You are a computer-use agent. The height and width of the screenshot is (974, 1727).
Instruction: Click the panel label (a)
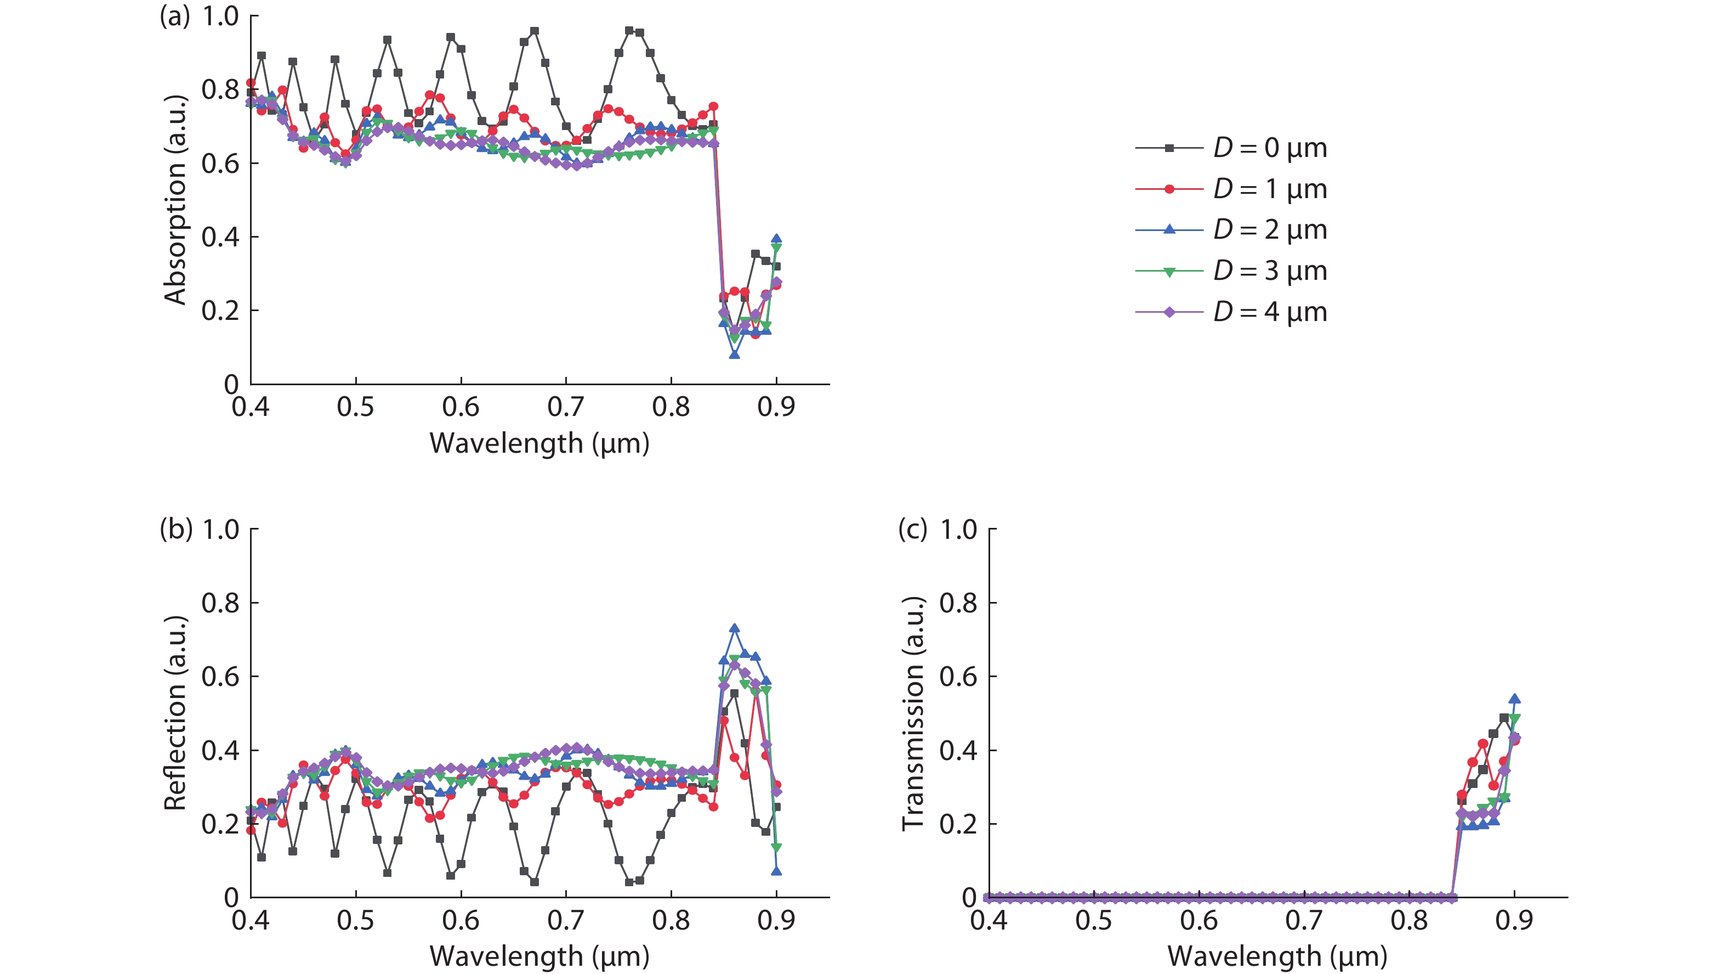tap(175, 16)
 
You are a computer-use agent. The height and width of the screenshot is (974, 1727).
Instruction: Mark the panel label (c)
tap(912, 530)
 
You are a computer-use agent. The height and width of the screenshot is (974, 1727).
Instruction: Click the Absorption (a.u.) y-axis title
tap(175, 200)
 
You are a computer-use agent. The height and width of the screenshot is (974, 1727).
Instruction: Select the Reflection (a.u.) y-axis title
tap(175, 713)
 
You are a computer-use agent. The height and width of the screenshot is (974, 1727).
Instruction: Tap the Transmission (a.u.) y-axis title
tap(913, 713)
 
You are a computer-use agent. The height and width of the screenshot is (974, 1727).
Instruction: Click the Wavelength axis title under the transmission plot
tap(1277, 956)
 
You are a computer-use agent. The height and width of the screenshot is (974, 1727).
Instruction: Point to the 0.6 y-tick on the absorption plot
tap(220, 164)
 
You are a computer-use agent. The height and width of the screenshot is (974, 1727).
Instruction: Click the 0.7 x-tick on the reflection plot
tap(566, 920)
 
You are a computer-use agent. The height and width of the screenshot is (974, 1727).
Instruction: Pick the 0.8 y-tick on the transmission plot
tap(958, 603)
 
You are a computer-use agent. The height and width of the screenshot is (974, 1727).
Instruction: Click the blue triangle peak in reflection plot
tap(735, 628)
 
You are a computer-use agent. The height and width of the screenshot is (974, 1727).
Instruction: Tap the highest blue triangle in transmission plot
tap(1514, 699)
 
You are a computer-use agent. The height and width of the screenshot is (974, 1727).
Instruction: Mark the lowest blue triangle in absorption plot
tap(735, 353)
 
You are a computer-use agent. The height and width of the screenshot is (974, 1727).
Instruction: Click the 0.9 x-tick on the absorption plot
tap(776, 407)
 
